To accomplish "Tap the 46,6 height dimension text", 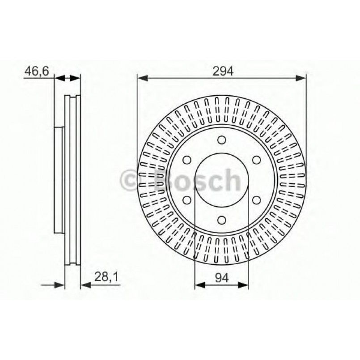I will (35, 70).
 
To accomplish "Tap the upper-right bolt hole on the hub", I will (256, 160).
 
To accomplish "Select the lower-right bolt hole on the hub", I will (256, 200).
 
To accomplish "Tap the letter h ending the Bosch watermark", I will (232, 179).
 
